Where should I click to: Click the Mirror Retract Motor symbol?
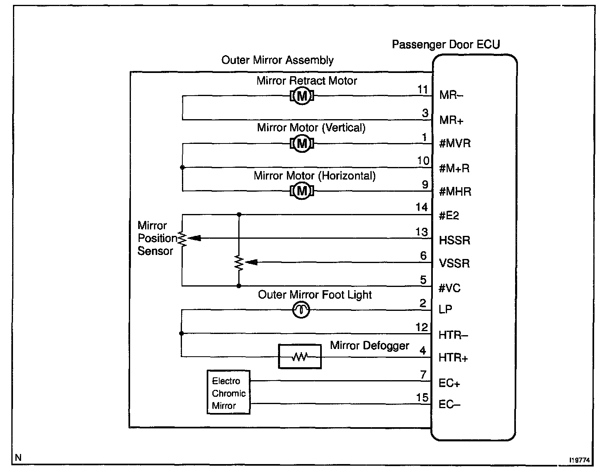302,96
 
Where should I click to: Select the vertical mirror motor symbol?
302,144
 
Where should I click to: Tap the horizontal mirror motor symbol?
302,191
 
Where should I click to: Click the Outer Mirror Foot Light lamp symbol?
301,310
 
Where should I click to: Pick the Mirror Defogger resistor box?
299,356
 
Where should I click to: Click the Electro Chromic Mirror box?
229,392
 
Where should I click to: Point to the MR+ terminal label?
451,120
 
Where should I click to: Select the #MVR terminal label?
455,143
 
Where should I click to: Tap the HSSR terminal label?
454,240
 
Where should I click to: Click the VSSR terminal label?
454,263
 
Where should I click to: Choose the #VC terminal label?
449,288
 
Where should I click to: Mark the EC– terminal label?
449,404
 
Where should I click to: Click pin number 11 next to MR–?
422,90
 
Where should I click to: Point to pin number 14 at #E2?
421,207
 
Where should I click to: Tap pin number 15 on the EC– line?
422,397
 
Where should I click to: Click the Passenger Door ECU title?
446,45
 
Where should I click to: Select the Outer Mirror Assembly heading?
277,60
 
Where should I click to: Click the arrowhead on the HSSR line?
195,238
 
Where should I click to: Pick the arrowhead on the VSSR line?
251,262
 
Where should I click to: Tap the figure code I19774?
580,460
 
